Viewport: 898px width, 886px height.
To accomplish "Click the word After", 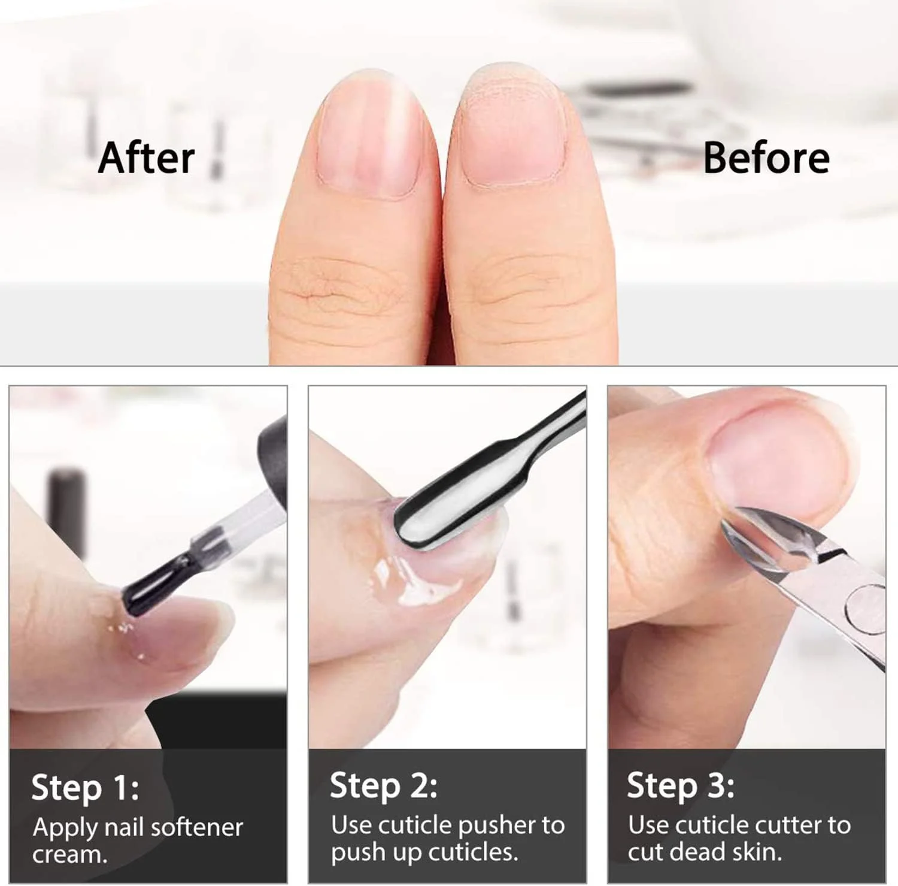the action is tap(146, 158).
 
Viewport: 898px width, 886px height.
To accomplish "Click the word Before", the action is tap(766, 158).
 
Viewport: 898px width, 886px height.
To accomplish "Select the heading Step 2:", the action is tap(383, 785).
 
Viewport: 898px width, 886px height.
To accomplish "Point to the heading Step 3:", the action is tap(681, 785).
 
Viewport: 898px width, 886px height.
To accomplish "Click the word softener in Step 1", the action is tap(196, 827).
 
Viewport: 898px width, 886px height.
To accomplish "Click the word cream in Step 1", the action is tap(69, 855).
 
